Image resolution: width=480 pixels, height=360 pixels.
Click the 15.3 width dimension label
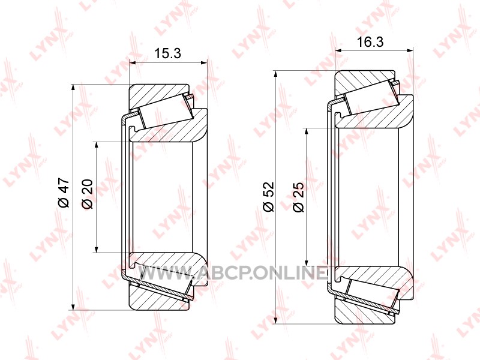tap(167, 53)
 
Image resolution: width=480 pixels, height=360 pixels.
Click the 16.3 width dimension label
tap(370, 41)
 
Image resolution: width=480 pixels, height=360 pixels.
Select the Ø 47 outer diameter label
tap(65, 193)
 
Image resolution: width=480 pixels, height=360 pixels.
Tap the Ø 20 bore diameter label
tap(87, 194)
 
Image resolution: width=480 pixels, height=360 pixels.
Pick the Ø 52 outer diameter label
tap(269, 196)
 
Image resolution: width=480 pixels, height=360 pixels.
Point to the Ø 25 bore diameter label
tap(298, 197)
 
